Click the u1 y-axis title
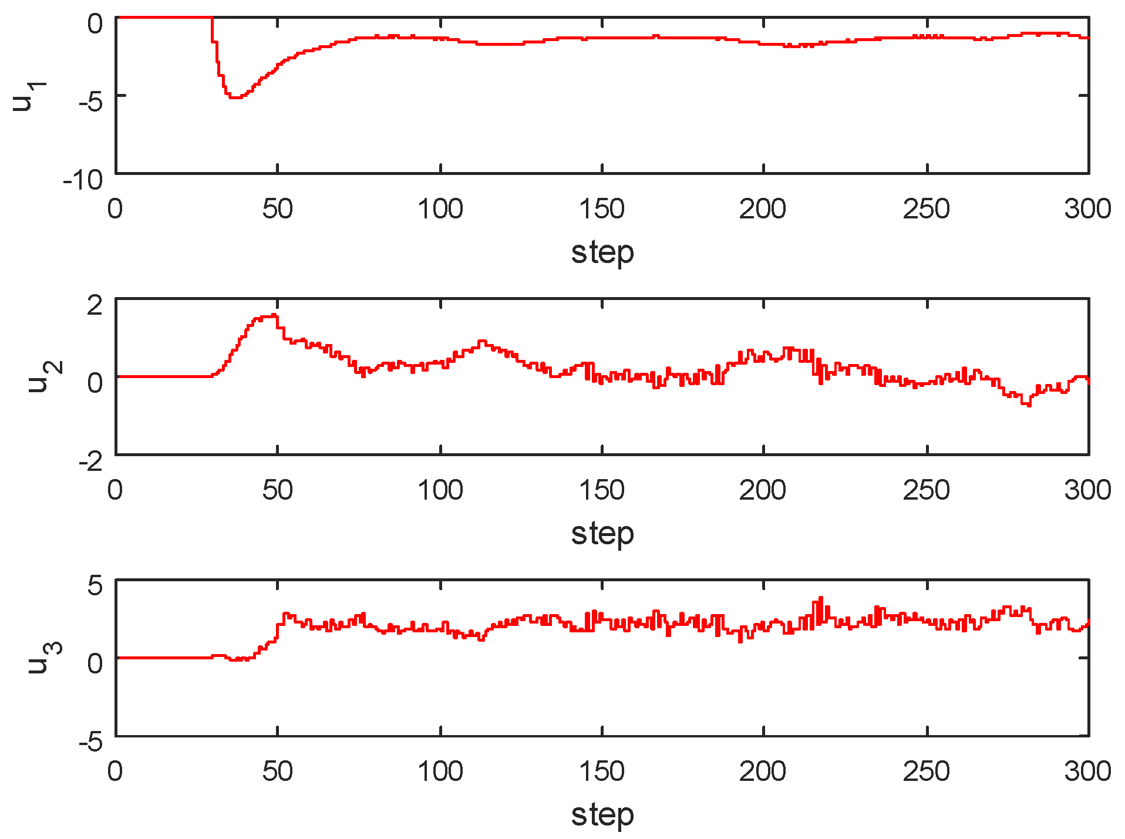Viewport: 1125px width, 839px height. click(x=29, y=96)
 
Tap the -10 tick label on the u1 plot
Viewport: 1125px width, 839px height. click(x=83, y=180)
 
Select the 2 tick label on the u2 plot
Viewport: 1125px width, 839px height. click(x=94, y=305)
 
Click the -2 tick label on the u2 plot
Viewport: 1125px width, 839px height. click(x=90, y=461)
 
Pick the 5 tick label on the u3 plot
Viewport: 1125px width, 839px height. click(x=95, y=585)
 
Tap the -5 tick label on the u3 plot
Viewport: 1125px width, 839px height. click(x=90, y=742)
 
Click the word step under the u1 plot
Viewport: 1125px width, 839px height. click(x=602, y=253)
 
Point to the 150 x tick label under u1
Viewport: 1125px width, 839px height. click(x=602, y=209)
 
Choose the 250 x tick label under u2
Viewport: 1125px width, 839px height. click(x=926, y=490)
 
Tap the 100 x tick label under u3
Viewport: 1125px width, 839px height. click(x=440, y=771)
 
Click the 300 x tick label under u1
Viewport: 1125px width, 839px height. click(x=1087, y=209)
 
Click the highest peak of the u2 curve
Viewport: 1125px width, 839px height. click(x=274, y=315)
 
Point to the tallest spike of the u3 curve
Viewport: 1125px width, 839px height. click(x=821, y=598)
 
